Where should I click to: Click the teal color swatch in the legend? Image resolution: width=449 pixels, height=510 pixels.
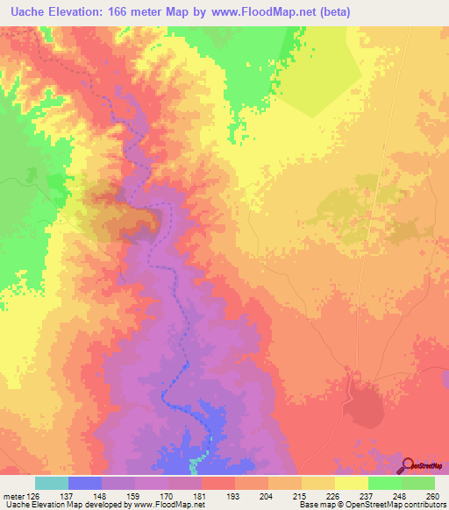click(52, 483)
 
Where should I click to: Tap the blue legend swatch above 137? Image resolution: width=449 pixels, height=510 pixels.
click(85, 483)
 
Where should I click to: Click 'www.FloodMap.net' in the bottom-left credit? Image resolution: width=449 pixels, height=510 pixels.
click(171, 506)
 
